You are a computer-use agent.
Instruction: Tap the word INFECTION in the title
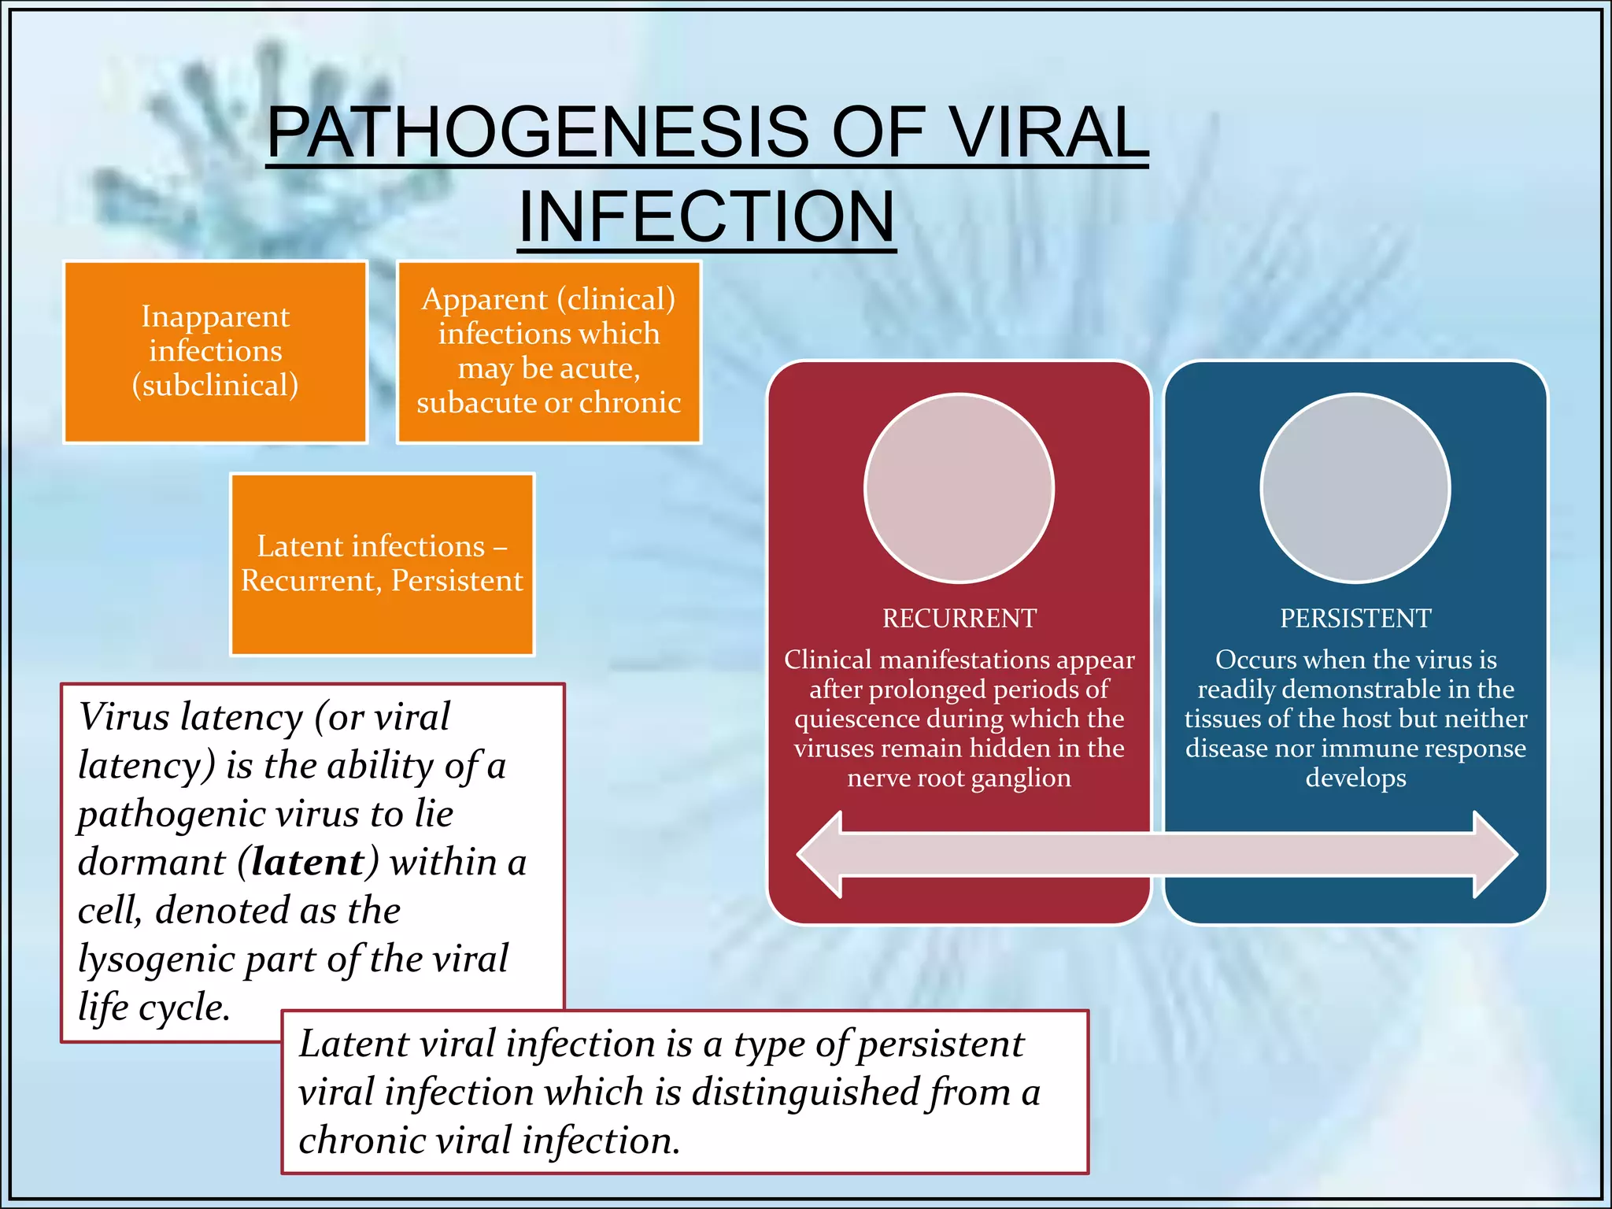pyautogui.click(x=706, y=217)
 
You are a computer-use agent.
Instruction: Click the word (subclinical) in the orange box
pyautogui.click(x=215, y=385)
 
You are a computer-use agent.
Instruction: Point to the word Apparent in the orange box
pyautogui.click(x=484, y=300)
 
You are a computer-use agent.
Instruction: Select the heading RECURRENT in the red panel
pyautogui.click(x=959, y=619)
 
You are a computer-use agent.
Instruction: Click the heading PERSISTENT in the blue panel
pyautogui.click(x=1355, y=619)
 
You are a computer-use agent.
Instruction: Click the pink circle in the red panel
pyautogui.click(x=959, y=488)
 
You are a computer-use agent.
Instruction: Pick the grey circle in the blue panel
pyautogui.click(x=1355, y=488)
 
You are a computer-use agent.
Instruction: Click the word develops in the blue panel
pyautogui.click(x=1355, y=778)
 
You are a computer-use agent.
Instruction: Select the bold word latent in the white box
pyautogui.click(x=308, y=862)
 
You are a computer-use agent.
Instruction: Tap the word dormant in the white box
pyautogui.click(x=151, y=862)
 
